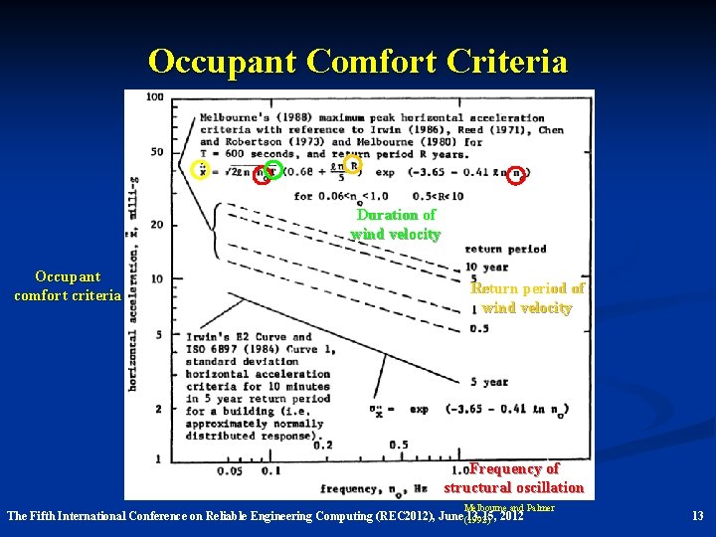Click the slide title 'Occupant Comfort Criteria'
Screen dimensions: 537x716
[358, 62]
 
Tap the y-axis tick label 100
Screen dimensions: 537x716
[155, 97]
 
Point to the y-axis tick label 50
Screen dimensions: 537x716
[156, 151]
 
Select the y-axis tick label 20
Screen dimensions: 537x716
[156, 225]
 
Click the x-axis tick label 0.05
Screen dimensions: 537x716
[230, 470]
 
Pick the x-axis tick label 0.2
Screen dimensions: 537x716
[323, 446]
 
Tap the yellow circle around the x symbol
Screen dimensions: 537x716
[201, 169]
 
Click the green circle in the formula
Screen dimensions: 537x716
[273, 170]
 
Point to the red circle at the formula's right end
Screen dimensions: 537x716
[515, 175]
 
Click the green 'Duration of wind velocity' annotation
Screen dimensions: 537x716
[396, 225]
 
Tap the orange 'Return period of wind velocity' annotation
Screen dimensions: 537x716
[527, 298]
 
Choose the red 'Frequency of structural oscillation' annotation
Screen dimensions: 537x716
[513, 478]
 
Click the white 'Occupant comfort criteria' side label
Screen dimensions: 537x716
[67, 285]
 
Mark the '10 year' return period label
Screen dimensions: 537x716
[487, 267]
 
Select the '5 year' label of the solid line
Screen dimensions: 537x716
[489, 382]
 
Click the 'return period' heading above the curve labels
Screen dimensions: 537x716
[505, 250]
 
